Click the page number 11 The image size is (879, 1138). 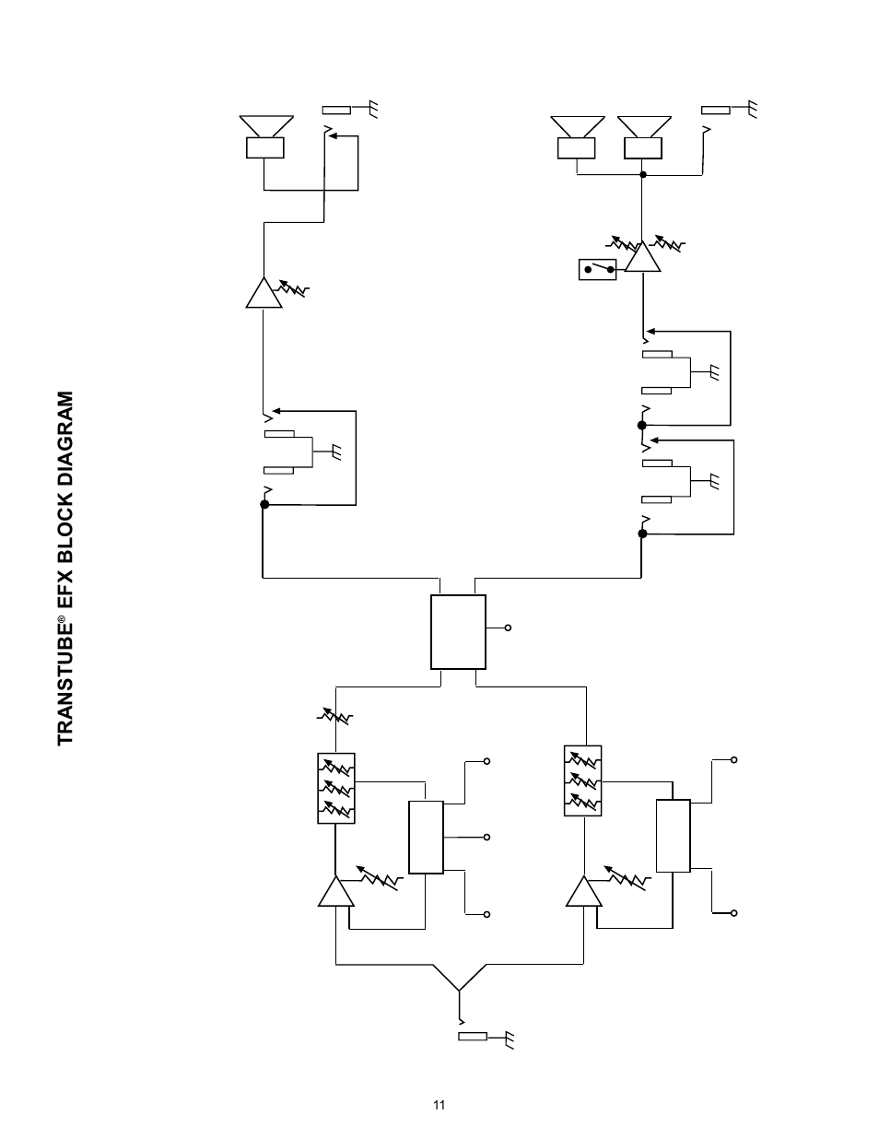[x=439, y=1106]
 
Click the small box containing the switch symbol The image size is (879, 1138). [x=597, y=270]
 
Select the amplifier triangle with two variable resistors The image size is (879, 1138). [x=641, y=257]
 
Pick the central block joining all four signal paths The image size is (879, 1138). [x=458, y=631]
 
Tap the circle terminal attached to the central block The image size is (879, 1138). [x=508, y=628]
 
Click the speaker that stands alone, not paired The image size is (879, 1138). [x=265, y=136]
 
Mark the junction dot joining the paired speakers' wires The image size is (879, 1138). [x=642, y=174]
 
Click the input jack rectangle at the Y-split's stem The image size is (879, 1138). [x=472, y=1037]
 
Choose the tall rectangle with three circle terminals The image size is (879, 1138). [x=426, y=837]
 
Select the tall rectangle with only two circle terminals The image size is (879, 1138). [x=673, y=836]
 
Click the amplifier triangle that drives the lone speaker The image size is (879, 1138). [x=264, y=293]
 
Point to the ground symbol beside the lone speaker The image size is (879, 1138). [x=371, y=109]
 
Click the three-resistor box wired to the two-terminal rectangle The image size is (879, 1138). [x=582, y=780]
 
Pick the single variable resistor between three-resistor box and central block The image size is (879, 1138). [x=335, y=716]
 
